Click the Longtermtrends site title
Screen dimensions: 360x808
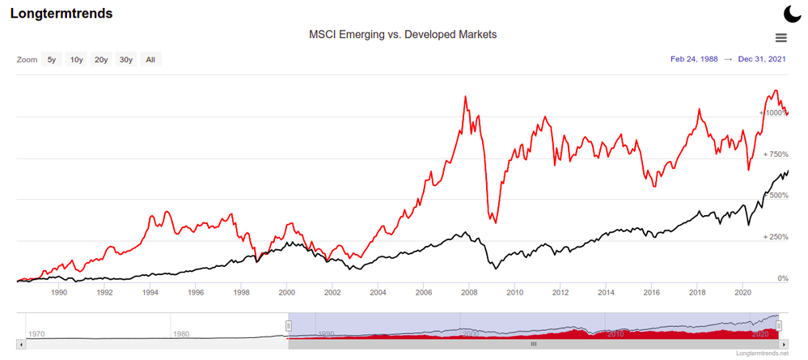pos(61,14)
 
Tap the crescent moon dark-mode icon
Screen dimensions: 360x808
pos(792,13)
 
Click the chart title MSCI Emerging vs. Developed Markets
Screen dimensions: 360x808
pos(403,35)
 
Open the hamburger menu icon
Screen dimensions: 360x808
pos(781,37)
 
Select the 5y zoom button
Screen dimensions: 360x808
pos(52,59)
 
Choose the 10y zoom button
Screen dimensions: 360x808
pos(76,59)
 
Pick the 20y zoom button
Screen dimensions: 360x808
pos(101,59)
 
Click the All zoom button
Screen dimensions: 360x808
pos(150,59)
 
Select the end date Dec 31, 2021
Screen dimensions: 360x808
pos(762,59)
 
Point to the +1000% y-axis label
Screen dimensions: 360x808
pos(774,112)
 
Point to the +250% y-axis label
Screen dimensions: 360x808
pos(776,237)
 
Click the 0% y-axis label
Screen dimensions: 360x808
pos(783,278)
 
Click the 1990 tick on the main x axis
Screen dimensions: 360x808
pos(58,291)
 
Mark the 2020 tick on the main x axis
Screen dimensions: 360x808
pos(744,291)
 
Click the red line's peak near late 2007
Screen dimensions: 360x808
pos(465,97)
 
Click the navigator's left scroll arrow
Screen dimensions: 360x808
pos(21,343)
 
